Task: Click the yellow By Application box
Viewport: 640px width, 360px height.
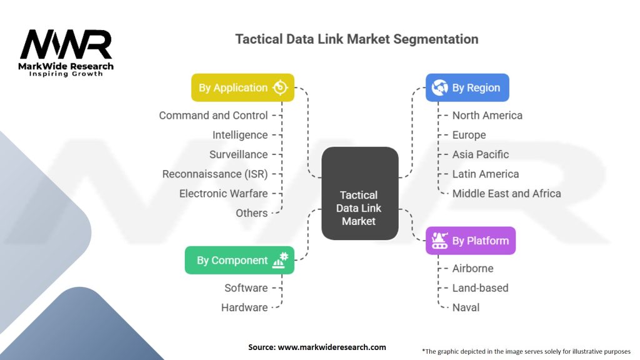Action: [x=242, y=87]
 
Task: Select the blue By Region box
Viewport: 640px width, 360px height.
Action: [x=467, y=87]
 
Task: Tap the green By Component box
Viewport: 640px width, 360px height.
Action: [x=239, y=260]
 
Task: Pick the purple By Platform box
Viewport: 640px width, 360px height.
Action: [x=471, y=241]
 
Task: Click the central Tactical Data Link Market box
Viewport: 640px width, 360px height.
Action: [x=359, y=193]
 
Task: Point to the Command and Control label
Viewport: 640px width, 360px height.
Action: [x=214, y=116]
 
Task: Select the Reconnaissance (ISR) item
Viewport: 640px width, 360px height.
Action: [x=215, y=174]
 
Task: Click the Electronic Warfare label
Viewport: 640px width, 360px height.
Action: [x=224, y=194]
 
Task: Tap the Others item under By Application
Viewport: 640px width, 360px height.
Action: [x=252, y=213]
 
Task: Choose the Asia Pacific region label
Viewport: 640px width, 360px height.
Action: [x=481, y=154]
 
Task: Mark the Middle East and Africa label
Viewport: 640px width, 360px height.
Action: [x=506, y=194]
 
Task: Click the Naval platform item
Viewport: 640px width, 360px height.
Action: [x=466, y=307]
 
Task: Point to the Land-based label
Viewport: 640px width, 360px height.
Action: [x=481, y=287]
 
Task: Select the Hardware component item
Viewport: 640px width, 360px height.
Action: [x=244, y=307]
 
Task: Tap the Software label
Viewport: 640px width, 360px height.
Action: [x=246, y=287]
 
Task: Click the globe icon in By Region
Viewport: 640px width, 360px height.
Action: [x=439, y=87]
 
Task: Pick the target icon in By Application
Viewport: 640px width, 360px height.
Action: [x=280, y=87]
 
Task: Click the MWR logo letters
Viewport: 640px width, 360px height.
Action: [x=66, y=44]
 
